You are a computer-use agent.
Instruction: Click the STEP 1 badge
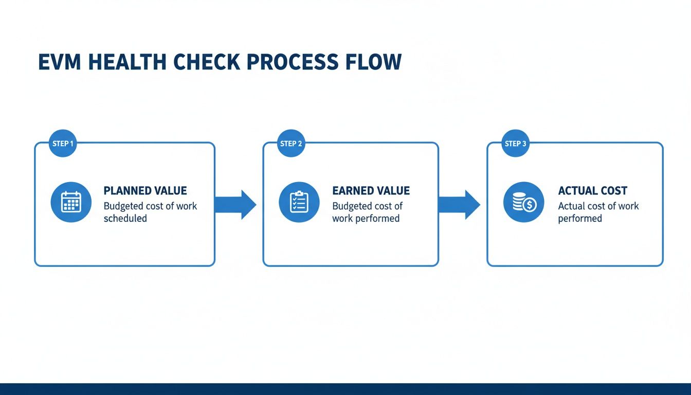(x=63, y=143)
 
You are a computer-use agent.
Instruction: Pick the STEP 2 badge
(x=291, y=143)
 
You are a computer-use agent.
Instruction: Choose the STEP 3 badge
(x=515, y=143)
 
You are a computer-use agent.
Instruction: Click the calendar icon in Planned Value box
(x=71, y=202)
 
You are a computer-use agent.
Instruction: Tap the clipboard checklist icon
(x=299, y=202)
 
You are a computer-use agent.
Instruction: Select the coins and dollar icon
(x=523, y=202)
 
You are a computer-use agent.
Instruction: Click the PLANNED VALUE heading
(x=145, y=191)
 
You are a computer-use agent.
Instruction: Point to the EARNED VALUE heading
(x=371, y=191)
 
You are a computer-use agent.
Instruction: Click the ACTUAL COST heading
(x=592, y=191)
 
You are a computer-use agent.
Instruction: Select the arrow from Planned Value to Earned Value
(x=235, y=205)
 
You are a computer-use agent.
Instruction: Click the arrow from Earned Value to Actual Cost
(x=459, y=205)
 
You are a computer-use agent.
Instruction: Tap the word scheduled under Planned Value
(x=125, y=219)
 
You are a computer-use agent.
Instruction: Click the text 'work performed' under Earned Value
(x=366, y=219)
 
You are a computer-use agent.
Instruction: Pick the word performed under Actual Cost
(x=579, y=219)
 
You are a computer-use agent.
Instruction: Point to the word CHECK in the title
(x=206, y=62)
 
